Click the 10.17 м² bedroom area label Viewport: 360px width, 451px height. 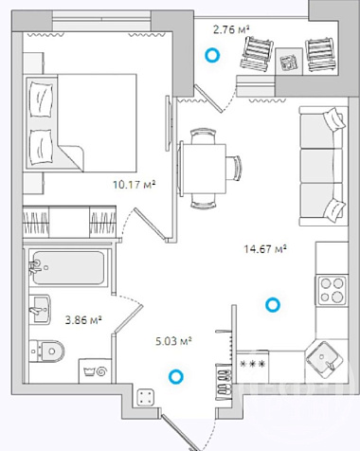click(x=135, y=184)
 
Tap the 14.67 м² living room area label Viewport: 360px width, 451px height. click(x=265, y=249)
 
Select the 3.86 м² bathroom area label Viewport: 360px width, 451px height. click(x=83, y=320)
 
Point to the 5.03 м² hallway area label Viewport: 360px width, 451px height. click(x=174, y=341)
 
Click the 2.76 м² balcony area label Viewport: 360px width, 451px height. click(x=231, y=29)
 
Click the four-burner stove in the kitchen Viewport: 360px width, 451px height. click(x=332, y=290)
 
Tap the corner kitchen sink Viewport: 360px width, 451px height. click(x=324, y=360)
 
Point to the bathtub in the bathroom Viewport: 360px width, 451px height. click(x=68, y=267)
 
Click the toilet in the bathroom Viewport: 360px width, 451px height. click(x=47, y=351)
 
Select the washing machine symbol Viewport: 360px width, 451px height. click(x=95, y=370)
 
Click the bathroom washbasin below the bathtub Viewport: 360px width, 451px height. click(x=40, y=309)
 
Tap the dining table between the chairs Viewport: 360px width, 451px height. click(x=204, y=169)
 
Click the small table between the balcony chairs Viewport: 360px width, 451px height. click(x=289, y=62)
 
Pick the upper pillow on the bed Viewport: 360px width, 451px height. click(x=41, y=99)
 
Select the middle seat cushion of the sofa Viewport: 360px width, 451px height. click(x=317, y=166)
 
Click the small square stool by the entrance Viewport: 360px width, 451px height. click(x=146, y=397)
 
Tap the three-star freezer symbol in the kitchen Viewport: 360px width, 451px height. click(x=252, y=364)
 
